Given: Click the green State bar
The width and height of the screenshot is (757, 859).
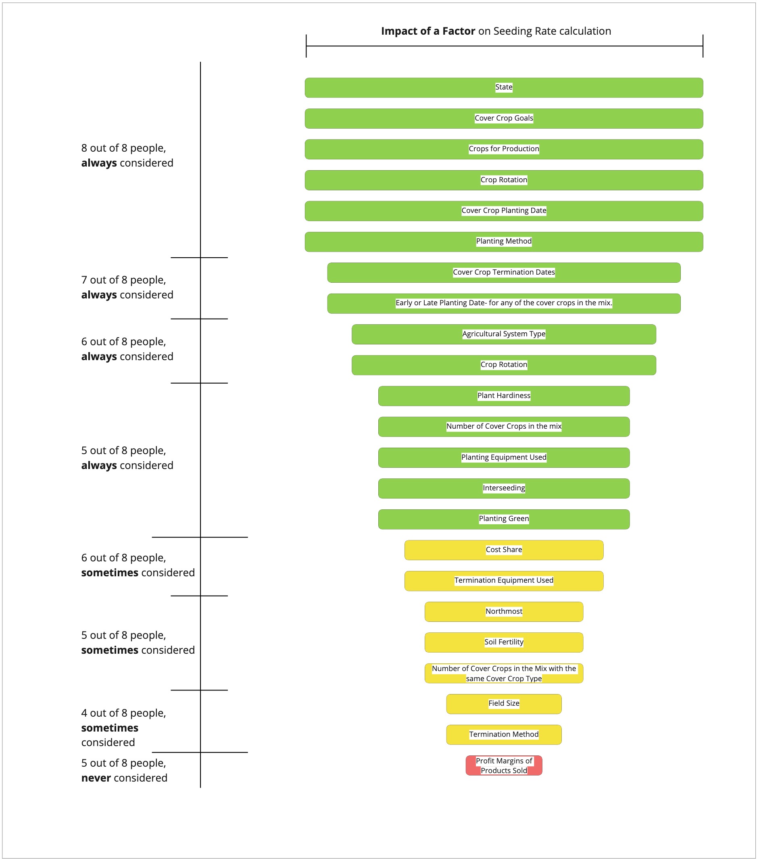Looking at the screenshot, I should (504, 88).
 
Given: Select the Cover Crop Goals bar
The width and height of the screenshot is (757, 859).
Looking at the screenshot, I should (504, 119).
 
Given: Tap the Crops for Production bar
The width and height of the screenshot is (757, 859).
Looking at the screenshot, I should (504, 149).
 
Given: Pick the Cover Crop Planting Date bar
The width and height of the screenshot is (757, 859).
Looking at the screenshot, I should (504, 211).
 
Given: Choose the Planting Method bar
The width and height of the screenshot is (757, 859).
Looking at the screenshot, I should (504, 242).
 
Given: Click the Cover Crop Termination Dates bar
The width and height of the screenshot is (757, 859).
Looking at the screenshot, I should (504, 272).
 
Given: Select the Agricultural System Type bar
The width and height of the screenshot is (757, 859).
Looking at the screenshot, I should (504, 334).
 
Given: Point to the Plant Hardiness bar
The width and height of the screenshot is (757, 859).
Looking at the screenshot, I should (504, 396).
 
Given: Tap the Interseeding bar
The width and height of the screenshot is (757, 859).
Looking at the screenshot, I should (504, 488).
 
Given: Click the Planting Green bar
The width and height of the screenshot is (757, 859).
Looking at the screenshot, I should (504, 519).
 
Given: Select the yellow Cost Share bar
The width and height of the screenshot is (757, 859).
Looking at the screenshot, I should (504, 550).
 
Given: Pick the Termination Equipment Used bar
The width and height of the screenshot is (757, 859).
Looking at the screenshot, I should (504, 581).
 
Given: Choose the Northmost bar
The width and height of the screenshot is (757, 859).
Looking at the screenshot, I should (504, 611).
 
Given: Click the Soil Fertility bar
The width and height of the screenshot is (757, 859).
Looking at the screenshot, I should (504, 642).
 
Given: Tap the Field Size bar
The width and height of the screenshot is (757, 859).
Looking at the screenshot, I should (504, 704).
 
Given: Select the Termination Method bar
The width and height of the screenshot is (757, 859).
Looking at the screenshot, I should (504, 735).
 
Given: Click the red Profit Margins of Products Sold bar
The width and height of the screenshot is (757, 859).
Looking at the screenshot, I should (504, 765).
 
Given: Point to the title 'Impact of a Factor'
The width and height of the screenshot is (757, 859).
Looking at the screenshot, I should (428, 31).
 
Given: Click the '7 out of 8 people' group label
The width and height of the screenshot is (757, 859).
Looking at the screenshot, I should (123, 280).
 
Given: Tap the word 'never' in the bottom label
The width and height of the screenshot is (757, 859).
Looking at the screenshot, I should (96, 778).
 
